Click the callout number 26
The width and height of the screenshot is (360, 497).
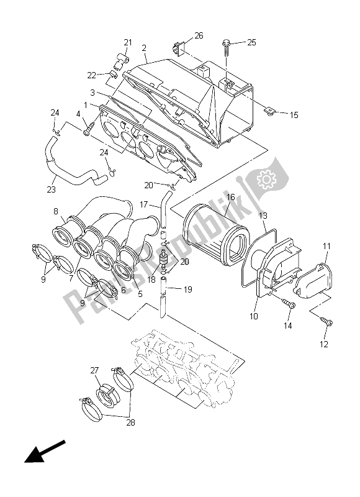coord(199,35)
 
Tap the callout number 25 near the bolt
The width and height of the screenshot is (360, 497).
coord(251,42)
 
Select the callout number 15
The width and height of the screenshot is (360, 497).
coord(294,114)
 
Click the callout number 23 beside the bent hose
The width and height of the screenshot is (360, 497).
coord(52,189)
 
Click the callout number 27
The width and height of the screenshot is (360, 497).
coord(95,371)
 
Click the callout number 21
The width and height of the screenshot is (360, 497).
coord(128,42)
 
